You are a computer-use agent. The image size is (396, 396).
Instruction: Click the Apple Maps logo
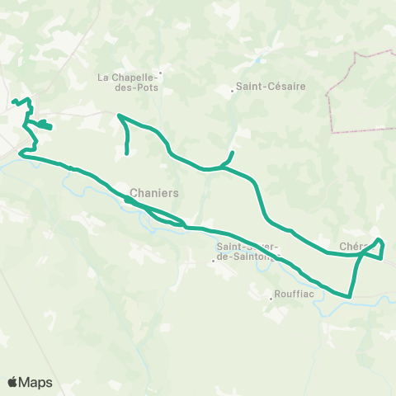point(12,382)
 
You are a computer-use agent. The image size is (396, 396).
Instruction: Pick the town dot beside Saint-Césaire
point(232,91)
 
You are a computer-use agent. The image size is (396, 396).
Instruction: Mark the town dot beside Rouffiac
point(271,298)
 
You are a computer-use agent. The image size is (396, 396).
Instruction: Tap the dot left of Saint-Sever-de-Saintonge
point(213,261)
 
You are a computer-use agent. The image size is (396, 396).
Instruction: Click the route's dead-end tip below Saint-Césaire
point(233,153)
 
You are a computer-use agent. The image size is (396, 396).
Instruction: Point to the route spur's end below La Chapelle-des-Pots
point(127,153)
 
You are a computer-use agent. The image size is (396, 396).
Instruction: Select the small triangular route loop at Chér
point(375,249)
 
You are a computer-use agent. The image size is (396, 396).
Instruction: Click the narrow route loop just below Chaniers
point(165,216)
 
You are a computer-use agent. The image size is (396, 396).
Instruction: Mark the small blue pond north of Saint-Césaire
point(261,60)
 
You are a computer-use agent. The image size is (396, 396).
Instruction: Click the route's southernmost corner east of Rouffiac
point(350,296)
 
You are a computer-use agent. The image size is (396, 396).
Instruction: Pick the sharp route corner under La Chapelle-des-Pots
point(120,115)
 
